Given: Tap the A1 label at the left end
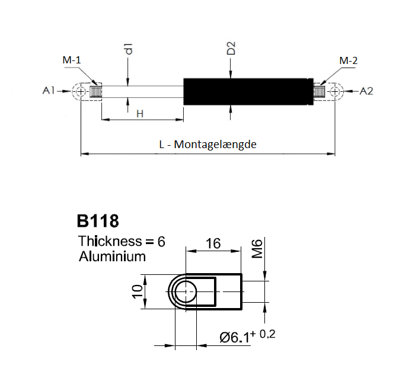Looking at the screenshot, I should point(49,91).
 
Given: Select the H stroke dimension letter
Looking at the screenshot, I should point(140,113).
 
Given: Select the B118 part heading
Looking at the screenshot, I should point(98,222).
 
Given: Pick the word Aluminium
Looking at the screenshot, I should point(112,257).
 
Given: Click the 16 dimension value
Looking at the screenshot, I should point(214,243).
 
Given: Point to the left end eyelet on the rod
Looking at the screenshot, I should point(80,91).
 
